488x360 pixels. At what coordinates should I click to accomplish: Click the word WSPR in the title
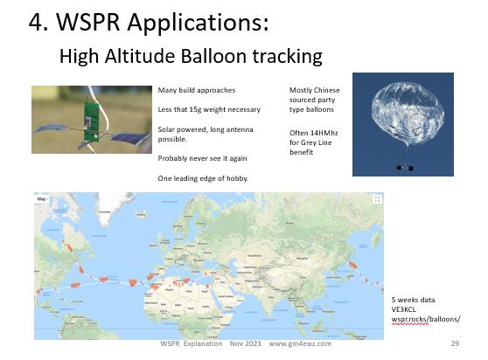[87, 22]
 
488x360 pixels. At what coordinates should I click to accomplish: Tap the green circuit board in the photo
[92, 123]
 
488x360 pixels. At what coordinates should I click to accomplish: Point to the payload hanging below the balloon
[405, 168]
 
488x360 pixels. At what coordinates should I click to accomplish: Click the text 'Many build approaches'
[197, 90]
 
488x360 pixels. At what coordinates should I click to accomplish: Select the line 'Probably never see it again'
[202, 158]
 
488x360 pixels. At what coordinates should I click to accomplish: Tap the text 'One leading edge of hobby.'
[203, 178]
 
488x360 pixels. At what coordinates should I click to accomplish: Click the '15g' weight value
[195, 109]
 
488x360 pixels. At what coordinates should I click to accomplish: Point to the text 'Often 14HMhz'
[314, 133]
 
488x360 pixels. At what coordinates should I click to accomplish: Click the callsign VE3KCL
[403, 309]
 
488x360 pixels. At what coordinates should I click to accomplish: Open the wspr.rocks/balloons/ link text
[426, 319]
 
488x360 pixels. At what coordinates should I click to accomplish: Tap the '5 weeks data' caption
[413, 300]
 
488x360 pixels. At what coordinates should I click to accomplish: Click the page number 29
[455, 343]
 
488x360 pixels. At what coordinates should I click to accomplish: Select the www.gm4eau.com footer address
[300, 343]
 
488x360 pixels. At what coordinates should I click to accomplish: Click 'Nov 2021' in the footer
[246, 343]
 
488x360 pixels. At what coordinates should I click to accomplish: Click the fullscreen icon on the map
[377, 199]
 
